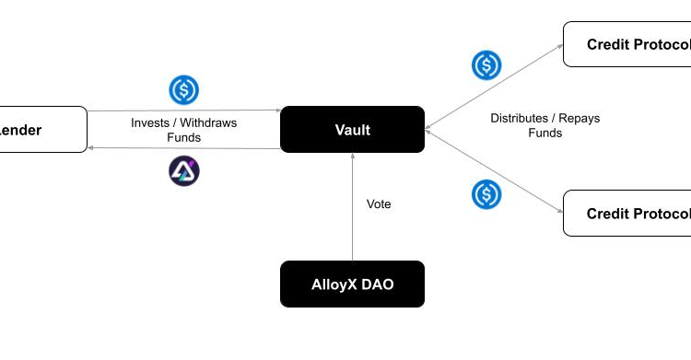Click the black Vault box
tap(352, 130)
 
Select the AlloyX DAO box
tap(352, 284)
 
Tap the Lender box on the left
tap(37, 130)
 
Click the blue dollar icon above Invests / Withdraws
tap(184, 90)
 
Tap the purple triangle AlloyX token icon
tap(184, 170)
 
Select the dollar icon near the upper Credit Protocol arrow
tap(486, 65)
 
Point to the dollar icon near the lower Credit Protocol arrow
tap(486, 194)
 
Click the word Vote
tap(379, 204)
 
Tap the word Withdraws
tap(207, 122)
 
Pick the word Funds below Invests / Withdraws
tap(184, 137)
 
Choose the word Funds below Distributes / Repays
tap(545, 133)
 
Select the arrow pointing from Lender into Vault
tap(184, 110)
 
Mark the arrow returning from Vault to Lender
tap(184, 148)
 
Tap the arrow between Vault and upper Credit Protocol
tap(494, 87)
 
